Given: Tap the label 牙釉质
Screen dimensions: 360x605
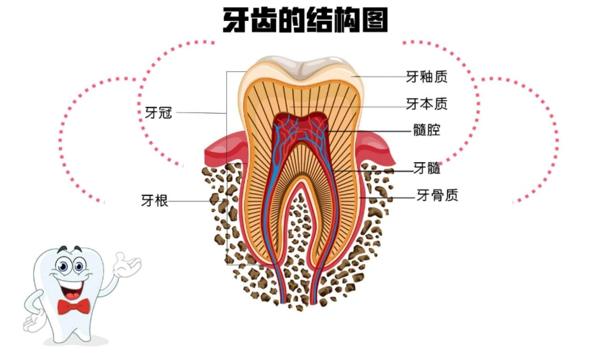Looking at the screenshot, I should (x=426, y=76).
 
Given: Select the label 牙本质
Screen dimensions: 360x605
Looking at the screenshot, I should (x=426, y=104).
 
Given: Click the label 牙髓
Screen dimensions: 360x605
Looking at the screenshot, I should (x=426, y=169).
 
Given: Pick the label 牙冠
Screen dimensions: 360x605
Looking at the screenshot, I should (x=158, y=112).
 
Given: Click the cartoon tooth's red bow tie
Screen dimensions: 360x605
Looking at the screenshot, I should (x=73, y=307).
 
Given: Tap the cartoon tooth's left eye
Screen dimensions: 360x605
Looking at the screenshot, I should (x=62, y=267).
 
